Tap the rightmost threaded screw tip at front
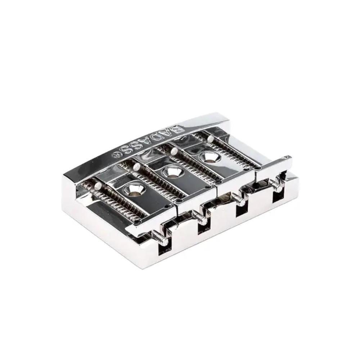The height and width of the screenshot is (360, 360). (276, 183)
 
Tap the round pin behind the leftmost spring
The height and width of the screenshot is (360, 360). (98, 186)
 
